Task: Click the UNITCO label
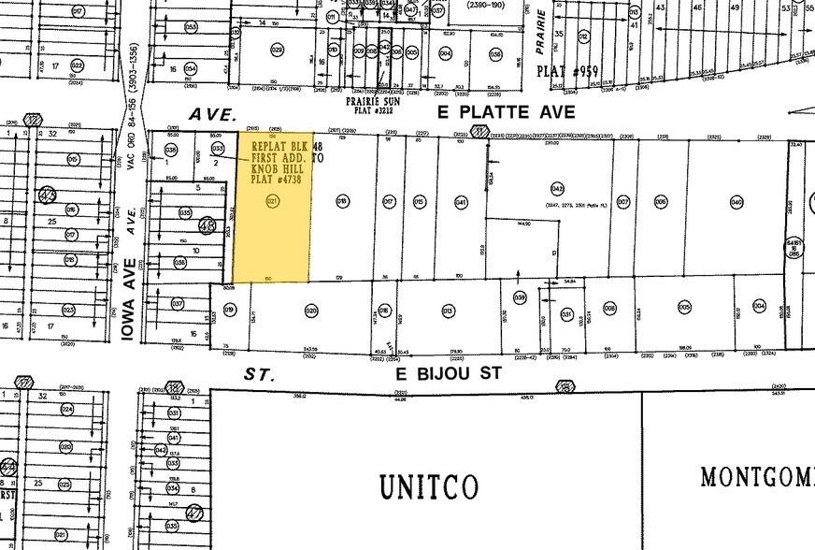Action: pyautogui.click(x=428, y=486)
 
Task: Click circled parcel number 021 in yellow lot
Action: pyautogui.click(x=273, y=201)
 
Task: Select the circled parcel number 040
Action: pyautogui.click(x=736, y=202)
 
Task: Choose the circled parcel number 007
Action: pyautogui.click(x=623, y=202)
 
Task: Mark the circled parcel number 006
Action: pyautogui.click(x=661, y=202)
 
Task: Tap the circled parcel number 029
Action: pyautogui.click(x=277, y=50)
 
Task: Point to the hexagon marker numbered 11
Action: pyautogui.click(x=479, y=134)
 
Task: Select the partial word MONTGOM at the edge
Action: pyautogui.click(x=757, y=477)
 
